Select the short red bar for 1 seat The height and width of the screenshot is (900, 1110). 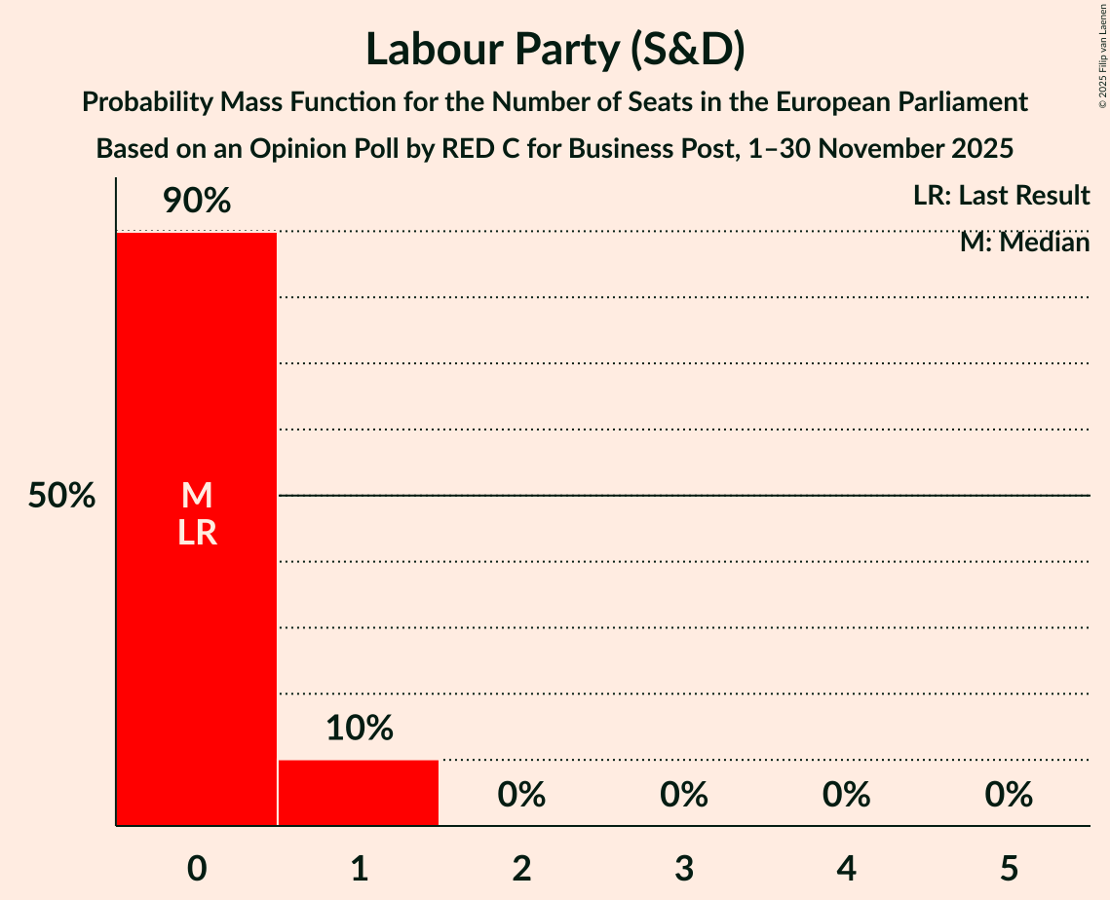(359, 793)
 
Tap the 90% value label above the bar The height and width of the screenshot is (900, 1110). (197, 202)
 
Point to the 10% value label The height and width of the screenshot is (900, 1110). (359, 728)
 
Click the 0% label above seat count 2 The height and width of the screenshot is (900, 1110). (521, 795)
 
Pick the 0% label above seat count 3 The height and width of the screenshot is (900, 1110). (684, 795)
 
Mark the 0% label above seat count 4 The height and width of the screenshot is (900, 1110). (846, 795)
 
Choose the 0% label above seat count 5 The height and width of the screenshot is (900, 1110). (1009, 795)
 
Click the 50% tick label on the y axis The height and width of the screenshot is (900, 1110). (61, 496)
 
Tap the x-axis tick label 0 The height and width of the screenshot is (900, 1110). (197, 868)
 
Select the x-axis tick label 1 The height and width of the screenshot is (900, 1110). (359, 868)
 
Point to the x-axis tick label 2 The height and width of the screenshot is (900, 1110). (521, 868)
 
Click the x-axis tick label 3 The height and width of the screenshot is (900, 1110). (684, 868)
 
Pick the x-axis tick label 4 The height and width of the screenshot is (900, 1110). (846, 868)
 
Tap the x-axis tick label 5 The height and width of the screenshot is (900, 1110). (1009, 868)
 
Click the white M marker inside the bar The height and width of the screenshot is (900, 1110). (197, 496)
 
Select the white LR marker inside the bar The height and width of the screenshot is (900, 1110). (197, 533)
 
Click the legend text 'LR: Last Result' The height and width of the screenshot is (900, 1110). (1001, 196)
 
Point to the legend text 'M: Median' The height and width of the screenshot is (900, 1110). (1024, 243)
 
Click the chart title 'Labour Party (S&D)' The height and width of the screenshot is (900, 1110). (555, 51)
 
